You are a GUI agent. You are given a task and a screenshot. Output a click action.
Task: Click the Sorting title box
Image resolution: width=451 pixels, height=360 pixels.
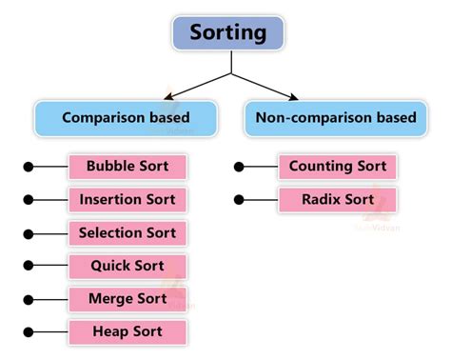click(x=229, y=32)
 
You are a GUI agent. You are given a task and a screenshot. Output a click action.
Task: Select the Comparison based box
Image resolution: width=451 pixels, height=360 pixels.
click(x=126, y=118)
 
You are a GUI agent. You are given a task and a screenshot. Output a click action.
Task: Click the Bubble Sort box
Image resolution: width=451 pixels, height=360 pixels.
click(x=127, y=167)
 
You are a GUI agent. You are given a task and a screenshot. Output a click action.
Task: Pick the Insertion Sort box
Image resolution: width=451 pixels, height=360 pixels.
click(x=127, y=200)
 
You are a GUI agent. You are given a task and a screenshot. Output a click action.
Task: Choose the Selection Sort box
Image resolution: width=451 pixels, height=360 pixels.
click(x=127, y=232)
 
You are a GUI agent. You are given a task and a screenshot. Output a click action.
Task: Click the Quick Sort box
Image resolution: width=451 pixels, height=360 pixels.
click(x=127, y=266)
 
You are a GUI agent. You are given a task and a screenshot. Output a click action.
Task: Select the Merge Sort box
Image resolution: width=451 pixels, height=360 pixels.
click(x=127, y=299)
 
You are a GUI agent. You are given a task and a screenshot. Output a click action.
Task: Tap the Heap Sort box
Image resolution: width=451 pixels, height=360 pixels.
click(x=127, y=332)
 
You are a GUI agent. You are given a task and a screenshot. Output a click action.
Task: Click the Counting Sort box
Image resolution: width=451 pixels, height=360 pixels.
click(x=338, y=167)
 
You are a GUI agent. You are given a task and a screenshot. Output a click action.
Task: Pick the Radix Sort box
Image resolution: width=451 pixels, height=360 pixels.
click(x=338, y=200)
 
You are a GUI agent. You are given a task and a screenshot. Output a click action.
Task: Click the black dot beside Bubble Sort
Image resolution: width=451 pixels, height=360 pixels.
click(x=29, y=168)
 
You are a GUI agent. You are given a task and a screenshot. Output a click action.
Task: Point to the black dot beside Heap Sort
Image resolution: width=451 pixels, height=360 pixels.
click(x=29, y=333)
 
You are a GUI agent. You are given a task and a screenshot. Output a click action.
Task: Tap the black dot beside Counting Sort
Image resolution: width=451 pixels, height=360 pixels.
click(x=239, y=168)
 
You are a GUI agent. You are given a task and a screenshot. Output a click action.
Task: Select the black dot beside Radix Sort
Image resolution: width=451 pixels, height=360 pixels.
click(x=239, y=200)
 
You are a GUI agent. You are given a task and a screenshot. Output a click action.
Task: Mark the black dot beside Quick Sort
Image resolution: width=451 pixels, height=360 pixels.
click(x=29, y=267)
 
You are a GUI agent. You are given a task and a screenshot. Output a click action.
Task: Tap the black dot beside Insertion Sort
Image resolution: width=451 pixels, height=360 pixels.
click(x=29, y=200)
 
